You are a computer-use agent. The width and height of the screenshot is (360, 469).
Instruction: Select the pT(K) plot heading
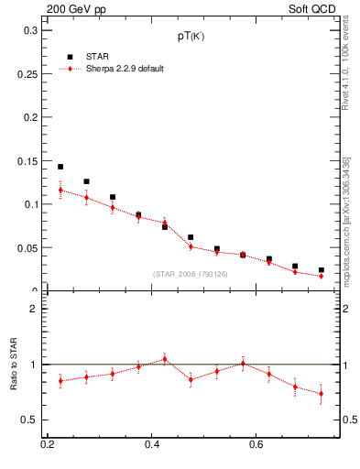coord(191,37)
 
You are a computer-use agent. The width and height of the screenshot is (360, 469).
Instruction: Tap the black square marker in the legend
coord(70,57)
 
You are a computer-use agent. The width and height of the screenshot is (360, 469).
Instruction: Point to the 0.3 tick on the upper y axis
coord(30,30)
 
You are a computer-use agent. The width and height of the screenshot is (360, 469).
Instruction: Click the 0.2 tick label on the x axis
coord(48,444)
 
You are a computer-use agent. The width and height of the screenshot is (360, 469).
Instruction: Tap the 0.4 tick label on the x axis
coord(152,444)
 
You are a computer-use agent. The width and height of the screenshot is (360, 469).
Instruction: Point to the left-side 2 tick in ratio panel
coord(34,309)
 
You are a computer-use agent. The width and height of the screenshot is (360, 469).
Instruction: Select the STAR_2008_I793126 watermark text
coord(191,274)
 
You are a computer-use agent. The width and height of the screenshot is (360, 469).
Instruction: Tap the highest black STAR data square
coord(60,167)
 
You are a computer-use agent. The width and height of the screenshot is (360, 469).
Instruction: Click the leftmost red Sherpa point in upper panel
coord(60,191)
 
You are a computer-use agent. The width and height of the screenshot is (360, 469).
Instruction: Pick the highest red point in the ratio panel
coord(165,359)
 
